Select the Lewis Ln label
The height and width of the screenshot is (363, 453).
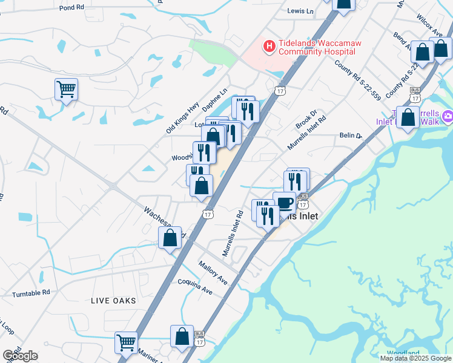click(301, 11)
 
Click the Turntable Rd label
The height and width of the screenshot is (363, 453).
click(31, 293)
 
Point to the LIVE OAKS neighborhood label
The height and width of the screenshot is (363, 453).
click(113, 301)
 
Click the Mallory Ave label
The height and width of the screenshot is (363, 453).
click(213, 273)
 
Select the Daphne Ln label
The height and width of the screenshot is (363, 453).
click(216, 97)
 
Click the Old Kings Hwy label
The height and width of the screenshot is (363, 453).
click(182, 117)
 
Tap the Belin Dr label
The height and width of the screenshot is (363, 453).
click(350, 137)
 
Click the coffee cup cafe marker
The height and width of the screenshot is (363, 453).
click(284, 202)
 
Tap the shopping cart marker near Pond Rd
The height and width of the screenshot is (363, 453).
click(66, 89)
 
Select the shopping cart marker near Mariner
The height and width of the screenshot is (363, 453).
click(126, 342)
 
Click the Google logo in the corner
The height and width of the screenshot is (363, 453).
click(20, 356)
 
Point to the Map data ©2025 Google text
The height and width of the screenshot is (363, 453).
click(416, 358)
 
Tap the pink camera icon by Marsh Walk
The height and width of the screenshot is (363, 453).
click(448, 116)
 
